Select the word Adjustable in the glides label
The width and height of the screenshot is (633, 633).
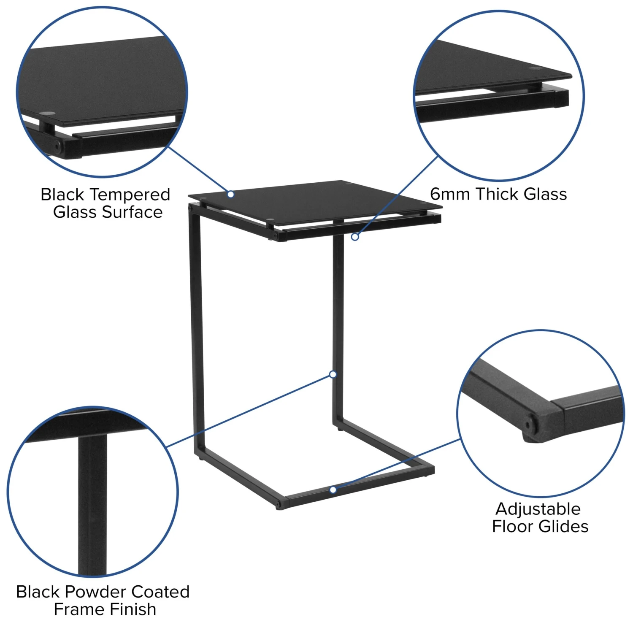coord(538,509)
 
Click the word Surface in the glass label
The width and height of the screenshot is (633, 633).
coord(132,212)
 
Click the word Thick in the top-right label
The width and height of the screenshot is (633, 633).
coord(497,194)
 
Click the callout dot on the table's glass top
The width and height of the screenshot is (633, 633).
coord(230,194)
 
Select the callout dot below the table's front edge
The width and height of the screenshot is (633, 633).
coord(355,237)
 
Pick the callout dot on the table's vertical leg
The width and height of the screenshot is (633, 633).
coord(333,374)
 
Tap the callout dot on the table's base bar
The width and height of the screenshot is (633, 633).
coord(333,490)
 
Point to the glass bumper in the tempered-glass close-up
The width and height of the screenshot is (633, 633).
coord(49,114)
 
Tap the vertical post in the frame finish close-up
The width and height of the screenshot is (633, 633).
coord(92,504)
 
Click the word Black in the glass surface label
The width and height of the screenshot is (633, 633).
coord(62,195)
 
